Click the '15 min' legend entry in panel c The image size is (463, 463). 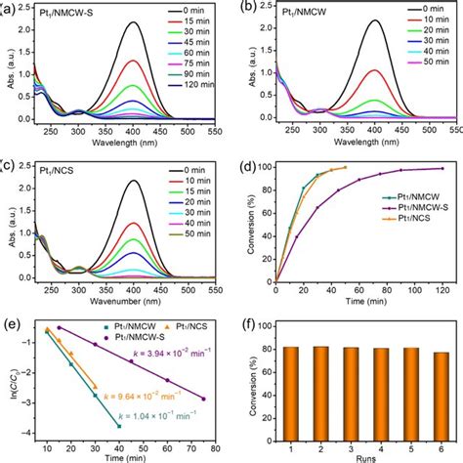pos(191,191)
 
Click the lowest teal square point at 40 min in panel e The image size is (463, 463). pos(119,426)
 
